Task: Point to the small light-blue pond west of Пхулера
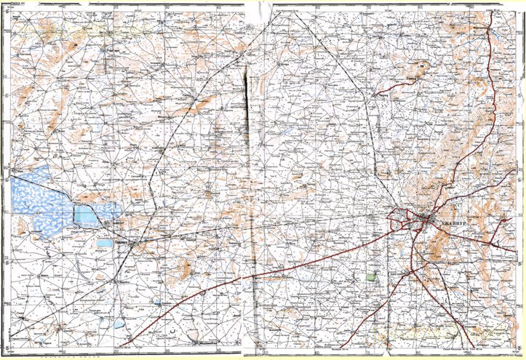point(105,242)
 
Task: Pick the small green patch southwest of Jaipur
point(372,277)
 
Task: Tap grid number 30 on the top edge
point(168,7)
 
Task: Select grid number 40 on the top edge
point(220,7)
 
